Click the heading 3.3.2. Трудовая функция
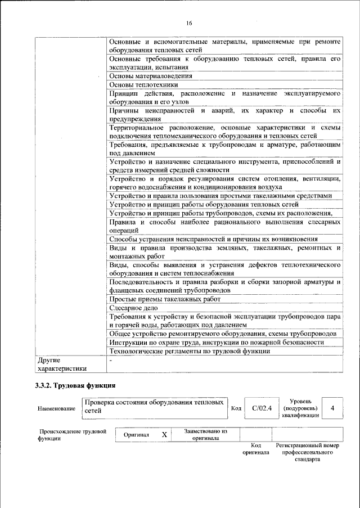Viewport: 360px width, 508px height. (x=75, y=386)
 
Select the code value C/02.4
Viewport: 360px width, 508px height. (x=262, y=408)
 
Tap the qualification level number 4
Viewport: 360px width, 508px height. (x=333, y=408)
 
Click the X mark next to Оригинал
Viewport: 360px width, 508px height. (x=164, y=435)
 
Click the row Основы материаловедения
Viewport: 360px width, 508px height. (x=151, y=75)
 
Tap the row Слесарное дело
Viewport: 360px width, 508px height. (x=133, y=308)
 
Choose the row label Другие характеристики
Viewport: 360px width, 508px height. (x=61, y=364)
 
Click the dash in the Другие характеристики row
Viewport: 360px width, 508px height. (x=111, y=359)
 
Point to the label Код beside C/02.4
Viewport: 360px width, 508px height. (x=236, y=408)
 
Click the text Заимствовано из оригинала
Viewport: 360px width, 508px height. (x=205, y=435)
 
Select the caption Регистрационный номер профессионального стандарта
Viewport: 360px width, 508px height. (x=307, y=452)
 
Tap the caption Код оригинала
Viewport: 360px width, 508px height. (x=256, y=448)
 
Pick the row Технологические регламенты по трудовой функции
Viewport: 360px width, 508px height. (x=190, y=351)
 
